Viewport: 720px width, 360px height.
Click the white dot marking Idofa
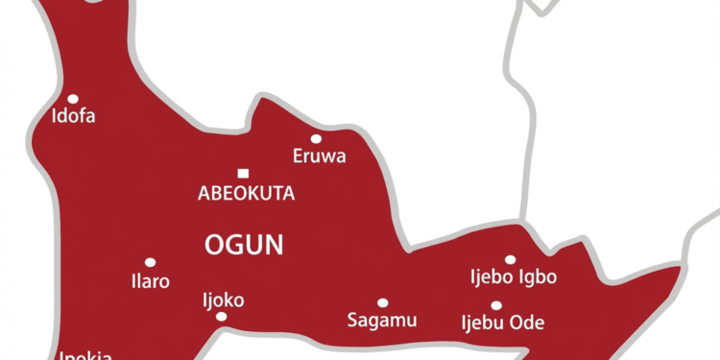tap(73, 99)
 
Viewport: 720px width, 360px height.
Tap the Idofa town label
tap(74, 118)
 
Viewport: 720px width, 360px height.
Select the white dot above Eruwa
tap(316, 138)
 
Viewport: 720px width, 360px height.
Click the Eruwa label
tap(319, 156)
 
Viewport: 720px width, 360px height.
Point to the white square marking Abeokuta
tap(243, 174)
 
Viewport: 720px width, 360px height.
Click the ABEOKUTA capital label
tap(246, 194)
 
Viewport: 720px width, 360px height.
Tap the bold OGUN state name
tap(245, 245)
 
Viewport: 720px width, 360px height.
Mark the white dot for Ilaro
tap(150, 262)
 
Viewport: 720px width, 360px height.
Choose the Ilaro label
tap(151, 282)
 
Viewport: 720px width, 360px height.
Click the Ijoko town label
tap(223, 300)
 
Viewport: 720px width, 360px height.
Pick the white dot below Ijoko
tap(222, 317)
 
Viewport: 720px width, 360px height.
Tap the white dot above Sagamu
tap(382, 302)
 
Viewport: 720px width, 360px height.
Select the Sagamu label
tap(382, 321)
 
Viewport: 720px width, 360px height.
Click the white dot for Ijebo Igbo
tap(510, 259)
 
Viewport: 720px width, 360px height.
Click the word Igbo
tap(539, 278)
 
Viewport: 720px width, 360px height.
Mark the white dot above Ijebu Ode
tap(496, 305)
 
